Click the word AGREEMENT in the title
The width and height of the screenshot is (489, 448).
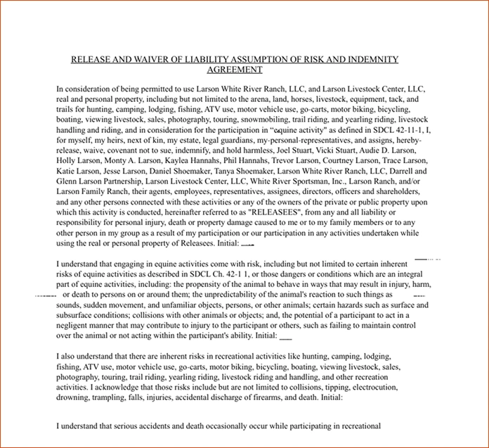coord(235,70)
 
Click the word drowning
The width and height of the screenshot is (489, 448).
coord(74,397)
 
